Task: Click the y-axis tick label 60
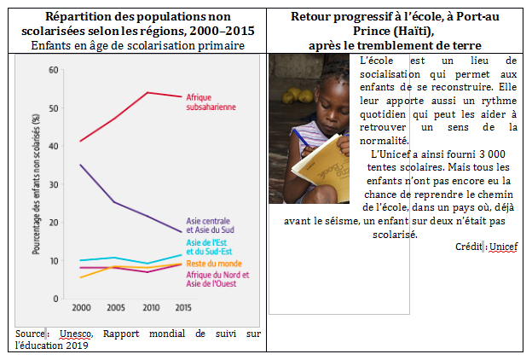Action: [54, 69]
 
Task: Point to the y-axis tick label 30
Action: [54, 183]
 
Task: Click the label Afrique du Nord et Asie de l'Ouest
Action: [217, 279]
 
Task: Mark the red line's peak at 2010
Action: [148, 92]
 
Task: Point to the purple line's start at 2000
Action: [81, 165]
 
